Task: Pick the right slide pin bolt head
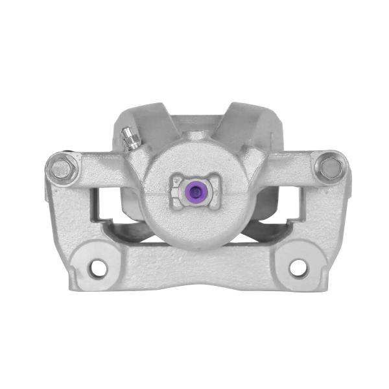tap(331, 168)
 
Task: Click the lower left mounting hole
tap(98, 266)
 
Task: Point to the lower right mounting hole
tap(298, 266)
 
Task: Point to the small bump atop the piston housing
tap(195, 137)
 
